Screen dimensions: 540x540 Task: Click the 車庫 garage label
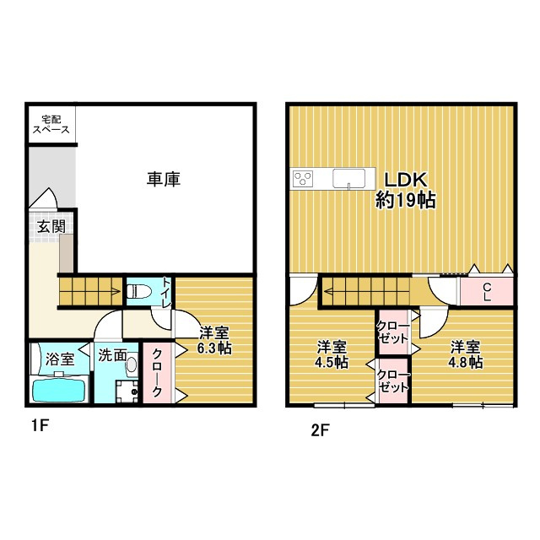164,179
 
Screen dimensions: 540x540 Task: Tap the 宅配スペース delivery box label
51,125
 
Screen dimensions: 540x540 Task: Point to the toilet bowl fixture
139,292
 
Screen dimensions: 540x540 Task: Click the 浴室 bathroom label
60,359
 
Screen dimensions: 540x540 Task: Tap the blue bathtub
59,391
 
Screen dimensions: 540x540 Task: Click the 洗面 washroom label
112,355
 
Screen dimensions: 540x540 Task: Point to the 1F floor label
40,426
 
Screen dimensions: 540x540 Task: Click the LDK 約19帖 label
405,190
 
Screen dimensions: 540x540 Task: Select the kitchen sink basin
353,178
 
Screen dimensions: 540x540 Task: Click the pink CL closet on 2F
487,291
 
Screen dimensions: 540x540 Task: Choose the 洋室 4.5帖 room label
332,354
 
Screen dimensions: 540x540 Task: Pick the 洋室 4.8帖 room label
465,354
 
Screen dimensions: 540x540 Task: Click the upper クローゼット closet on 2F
392,332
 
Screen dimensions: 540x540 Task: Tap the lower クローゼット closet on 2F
393,381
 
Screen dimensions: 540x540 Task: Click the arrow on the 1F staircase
112,294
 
